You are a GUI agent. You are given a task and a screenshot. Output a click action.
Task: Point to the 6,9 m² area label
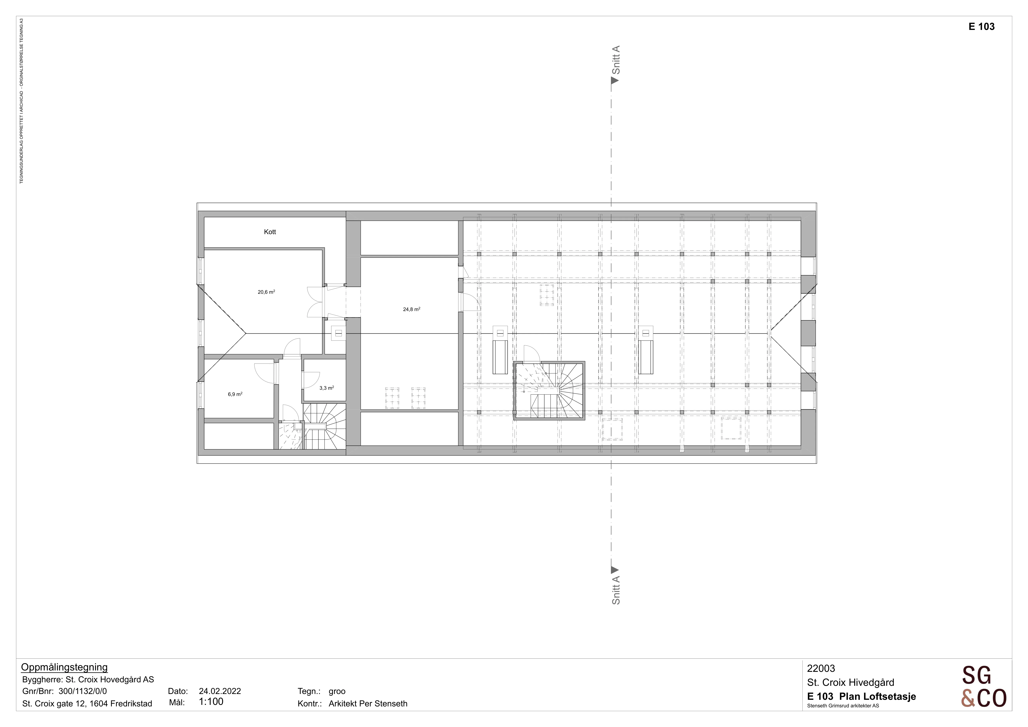235,394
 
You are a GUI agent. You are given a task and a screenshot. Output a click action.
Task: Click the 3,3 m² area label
326,388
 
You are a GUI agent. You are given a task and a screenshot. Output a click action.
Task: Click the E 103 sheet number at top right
981,26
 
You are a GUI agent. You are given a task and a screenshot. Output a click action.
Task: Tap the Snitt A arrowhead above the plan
615,81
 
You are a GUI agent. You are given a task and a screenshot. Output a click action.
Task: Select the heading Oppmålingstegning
64,668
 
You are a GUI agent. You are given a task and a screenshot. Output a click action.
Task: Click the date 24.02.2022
220,691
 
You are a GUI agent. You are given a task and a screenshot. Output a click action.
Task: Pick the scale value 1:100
211,702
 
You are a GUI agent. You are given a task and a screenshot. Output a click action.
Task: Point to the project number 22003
821,668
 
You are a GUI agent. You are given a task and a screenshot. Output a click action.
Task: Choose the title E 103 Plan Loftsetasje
862,696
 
